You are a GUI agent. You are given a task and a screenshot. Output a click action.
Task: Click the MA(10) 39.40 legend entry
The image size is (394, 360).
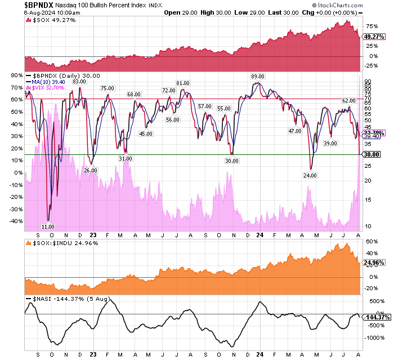56,82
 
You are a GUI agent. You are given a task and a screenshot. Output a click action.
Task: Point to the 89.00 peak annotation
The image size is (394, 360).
258,76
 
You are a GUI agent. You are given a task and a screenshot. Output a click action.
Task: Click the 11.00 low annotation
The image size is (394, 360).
48,225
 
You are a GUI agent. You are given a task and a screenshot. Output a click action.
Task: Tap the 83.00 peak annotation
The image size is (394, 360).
79,82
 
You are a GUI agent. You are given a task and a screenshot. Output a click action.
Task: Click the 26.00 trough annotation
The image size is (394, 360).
91,170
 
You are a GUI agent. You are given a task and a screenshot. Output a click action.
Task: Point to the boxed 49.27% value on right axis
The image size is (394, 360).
371,36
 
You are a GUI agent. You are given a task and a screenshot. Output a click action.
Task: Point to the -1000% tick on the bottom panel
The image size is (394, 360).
374,337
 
